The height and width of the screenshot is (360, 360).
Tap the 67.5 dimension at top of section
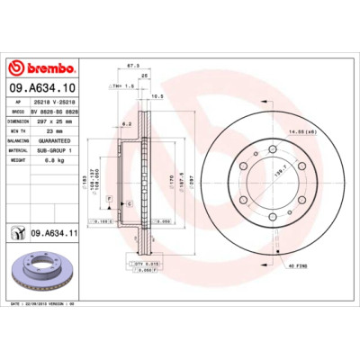(x=132, y=66)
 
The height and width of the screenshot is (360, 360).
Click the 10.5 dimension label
(x=157, y=95)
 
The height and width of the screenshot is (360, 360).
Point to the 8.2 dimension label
(x=127, y=123)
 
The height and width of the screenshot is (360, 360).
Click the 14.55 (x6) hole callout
(x=302, y=133)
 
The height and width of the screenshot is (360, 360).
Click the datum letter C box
(x=129, y=204)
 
